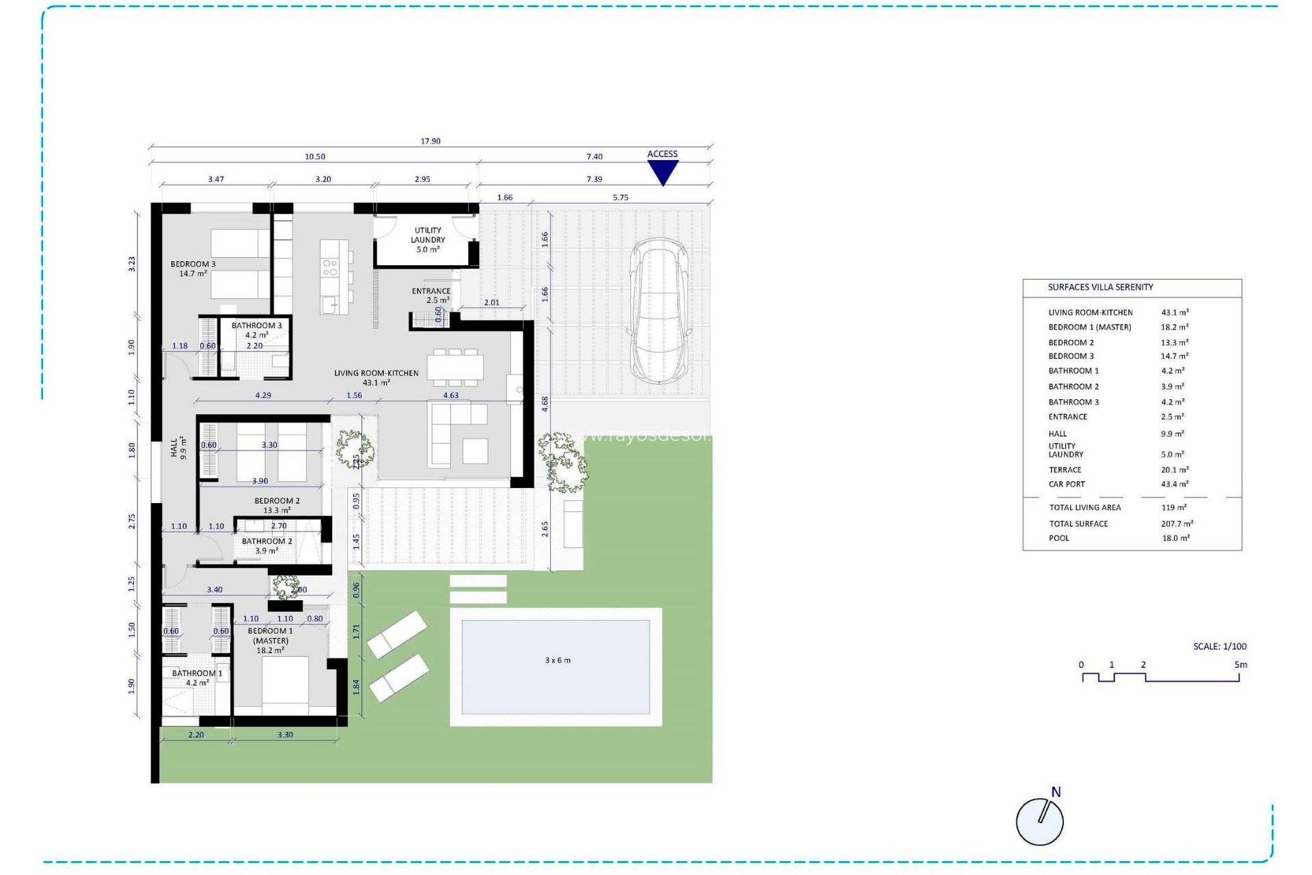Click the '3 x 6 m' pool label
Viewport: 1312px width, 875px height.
click(558, 660)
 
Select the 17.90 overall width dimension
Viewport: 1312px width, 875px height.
click(430, 142)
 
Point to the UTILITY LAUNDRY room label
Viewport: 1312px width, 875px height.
click(428, 240)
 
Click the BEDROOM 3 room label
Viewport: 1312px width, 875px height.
click(193, 269)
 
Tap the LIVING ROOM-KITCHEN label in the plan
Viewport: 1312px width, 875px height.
click(376, 377)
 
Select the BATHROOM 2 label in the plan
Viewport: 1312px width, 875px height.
click(266, 546)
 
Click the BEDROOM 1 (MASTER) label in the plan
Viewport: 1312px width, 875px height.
click(271, 641)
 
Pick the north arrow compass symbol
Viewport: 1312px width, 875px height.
click(1040, 820)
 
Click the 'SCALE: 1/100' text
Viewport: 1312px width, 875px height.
click(1220, 646)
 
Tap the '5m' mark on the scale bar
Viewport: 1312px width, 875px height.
click(1240, 664)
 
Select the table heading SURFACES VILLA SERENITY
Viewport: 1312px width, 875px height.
click(1100, 287)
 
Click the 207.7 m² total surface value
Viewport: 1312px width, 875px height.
click(1177, 524)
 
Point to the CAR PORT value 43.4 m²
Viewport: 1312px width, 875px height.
click(1175, 484)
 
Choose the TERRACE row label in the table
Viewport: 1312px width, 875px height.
click(1065, 470)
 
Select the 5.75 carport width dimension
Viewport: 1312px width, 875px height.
click(620, 198)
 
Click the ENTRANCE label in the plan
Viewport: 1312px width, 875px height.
click(430, 295)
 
